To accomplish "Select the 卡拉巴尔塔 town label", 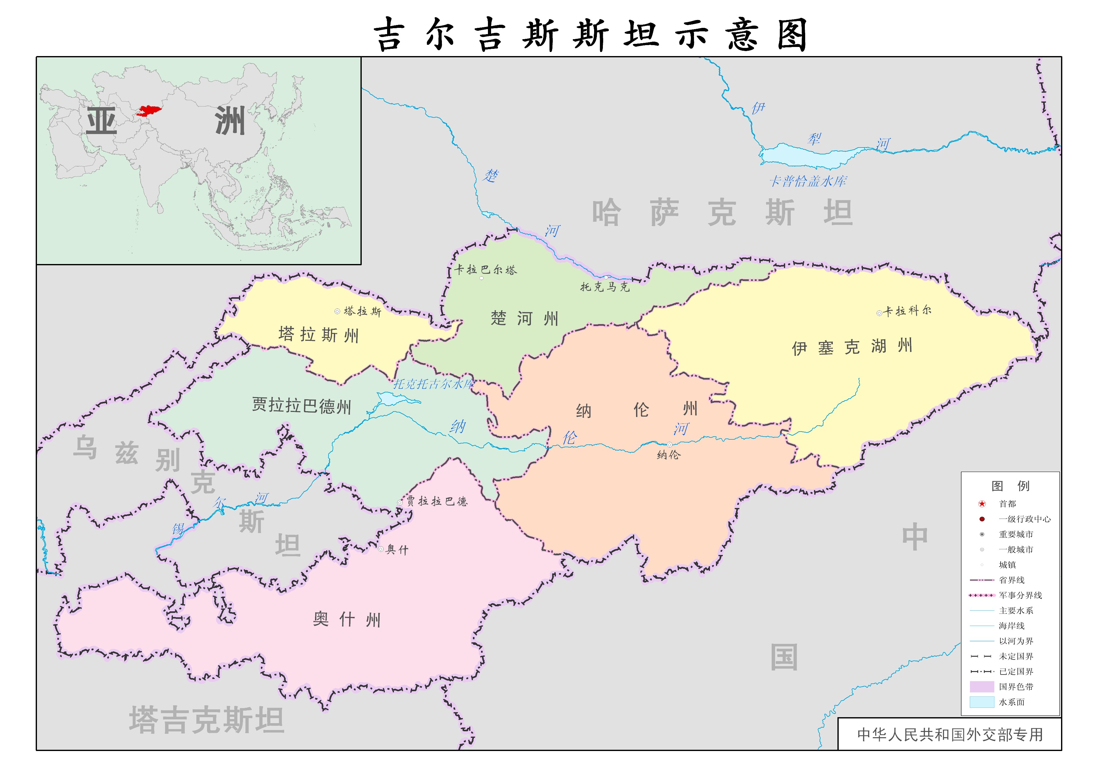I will coord(486,270).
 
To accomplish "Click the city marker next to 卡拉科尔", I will coord(879,313).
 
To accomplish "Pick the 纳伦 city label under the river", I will coord(668,455).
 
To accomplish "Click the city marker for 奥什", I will coord(381,549).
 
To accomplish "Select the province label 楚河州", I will coord(524,318).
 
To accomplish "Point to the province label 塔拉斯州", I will coord(318,334).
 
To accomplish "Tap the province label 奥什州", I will coord(346,619).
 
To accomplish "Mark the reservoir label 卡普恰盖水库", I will coord(808,181).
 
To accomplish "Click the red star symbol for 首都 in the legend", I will coord(982,504).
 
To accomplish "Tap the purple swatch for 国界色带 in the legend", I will coord(982,686).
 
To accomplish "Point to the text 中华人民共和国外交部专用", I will coord(950,734).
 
